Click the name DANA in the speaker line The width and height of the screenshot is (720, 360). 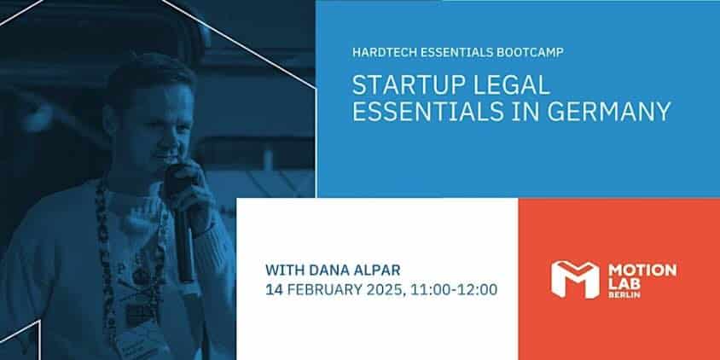click(328, 270)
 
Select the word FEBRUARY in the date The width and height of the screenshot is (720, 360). click(320, 290)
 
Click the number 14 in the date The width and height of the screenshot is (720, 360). click(273, 290)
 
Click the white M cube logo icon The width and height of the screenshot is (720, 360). click(575, 280)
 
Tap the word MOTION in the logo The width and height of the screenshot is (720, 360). click(642, 270)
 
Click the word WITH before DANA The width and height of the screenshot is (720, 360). click(285, 270)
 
